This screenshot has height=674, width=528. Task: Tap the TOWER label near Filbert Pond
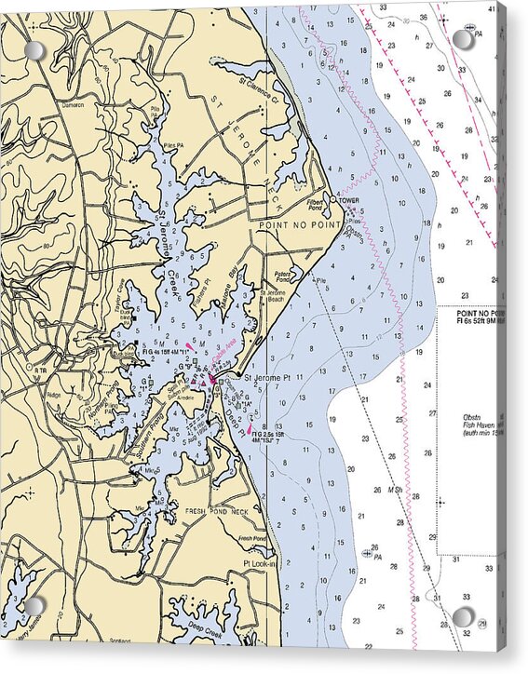tap(349, 201)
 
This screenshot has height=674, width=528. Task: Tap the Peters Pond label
tap(283, 276)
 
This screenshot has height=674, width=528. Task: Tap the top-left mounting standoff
tap(34, 50)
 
